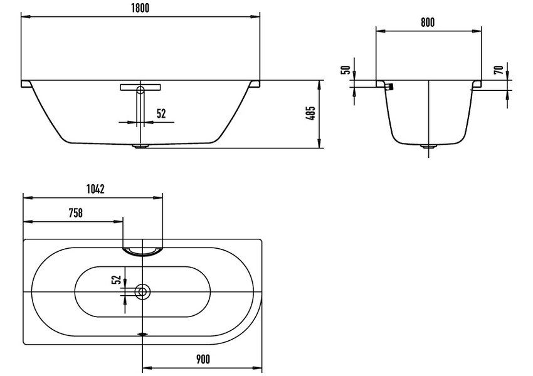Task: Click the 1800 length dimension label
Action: [141, 8]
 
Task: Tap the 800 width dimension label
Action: [427, 23]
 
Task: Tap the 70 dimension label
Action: [499, 70]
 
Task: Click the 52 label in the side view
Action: [161, 113]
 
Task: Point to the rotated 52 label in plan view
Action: [115, 279]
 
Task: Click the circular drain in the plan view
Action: [142, 291]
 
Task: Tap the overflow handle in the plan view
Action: [143, 251]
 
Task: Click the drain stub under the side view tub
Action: [140, 147]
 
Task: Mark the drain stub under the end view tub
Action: [428, 147]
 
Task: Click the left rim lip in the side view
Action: [26, 83]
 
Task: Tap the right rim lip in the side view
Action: [255, 83]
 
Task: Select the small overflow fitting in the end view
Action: [391, 86]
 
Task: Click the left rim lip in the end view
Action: [380, 83]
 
